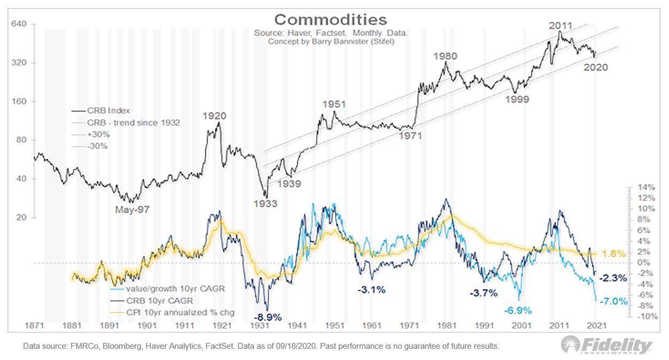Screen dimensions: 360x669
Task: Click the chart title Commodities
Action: tap(330, 20)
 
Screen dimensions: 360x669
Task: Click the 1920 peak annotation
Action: tap(214, 115)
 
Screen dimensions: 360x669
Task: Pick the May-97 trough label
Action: tap(132, 209)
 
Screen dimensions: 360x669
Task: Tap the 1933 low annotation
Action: tap(265, 203)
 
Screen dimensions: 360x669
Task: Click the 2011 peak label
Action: tap(560, 25)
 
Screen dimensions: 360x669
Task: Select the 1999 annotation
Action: tap(517, 99)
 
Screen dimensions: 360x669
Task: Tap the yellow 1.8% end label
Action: tap(613, 254)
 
